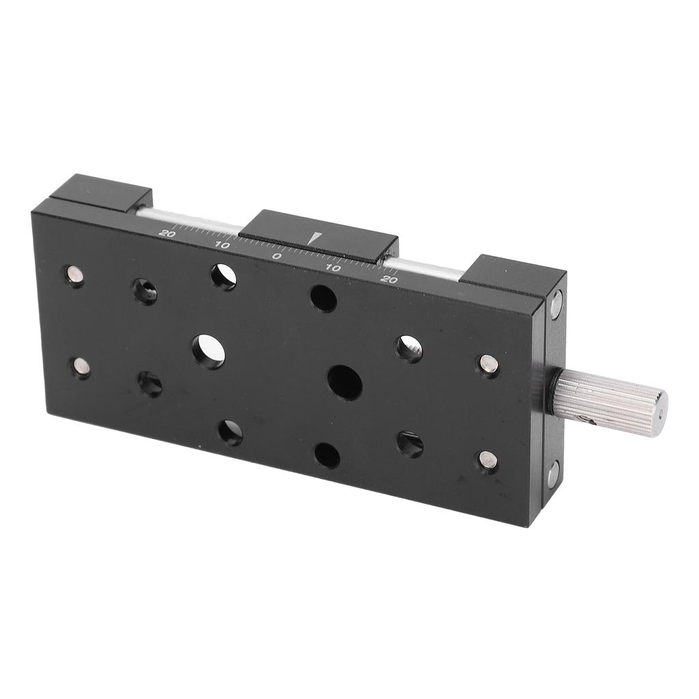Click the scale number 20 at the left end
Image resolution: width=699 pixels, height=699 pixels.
(167, 233)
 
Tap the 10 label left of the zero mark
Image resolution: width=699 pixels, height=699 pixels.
(222, 245)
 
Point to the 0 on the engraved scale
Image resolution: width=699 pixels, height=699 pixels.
(277, 257)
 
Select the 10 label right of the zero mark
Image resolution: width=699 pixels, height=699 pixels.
(333, 268)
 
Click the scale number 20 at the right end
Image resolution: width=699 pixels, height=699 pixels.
(390, 280)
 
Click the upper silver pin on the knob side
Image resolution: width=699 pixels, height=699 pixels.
(488, 365)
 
